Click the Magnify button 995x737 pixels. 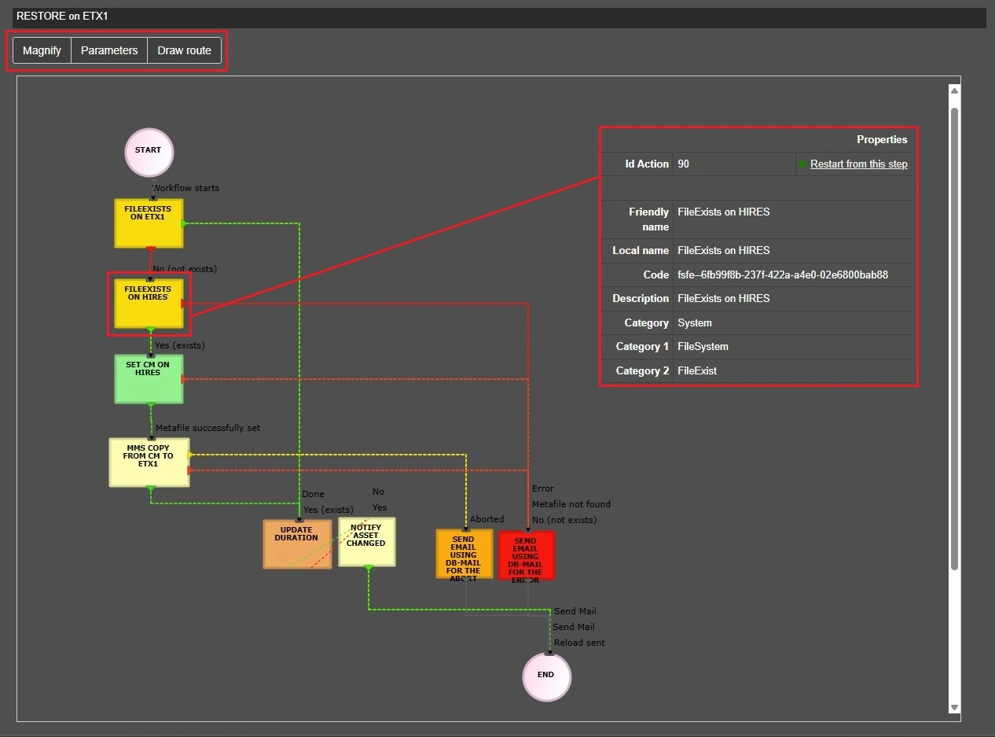point(42,50)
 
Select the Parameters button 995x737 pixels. point(109,50)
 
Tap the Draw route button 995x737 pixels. point(184,50)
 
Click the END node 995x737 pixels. point(546,676)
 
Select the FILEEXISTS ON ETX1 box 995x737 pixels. point(149,223)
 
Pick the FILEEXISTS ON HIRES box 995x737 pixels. point(149,303)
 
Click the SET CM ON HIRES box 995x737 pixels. point(149,378)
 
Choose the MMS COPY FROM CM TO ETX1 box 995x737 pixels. point(149,462)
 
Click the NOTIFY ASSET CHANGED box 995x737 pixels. point(367,542)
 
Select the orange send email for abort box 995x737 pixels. point(464,555)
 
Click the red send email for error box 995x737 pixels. point(526,555)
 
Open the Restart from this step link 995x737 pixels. point(858,164)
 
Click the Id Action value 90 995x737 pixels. point(684,164)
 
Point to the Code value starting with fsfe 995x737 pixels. point(783,275)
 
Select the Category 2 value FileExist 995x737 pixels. point(697,370)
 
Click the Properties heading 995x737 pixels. point(882,139)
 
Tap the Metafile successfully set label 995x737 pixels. point(207,428)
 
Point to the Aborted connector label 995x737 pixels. point(487,519)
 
